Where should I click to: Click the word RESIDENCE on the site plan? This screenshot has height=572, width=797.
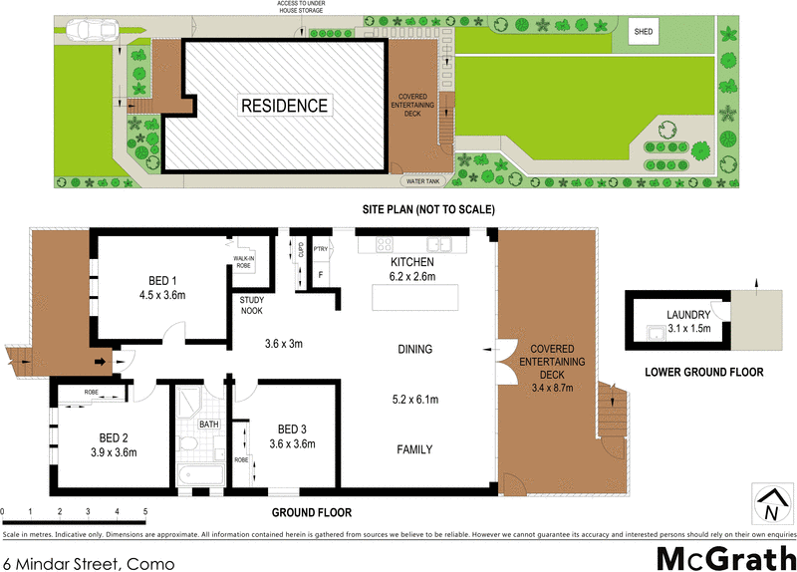point(282,106)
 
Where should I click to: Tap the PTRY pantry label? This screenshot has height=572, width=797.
point(321,249)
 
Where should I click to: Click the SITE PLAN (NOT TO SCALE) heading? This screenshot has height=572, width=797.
point(427,209)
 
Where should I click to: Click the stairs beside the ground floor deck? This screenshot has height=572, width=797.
point(610,418)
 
